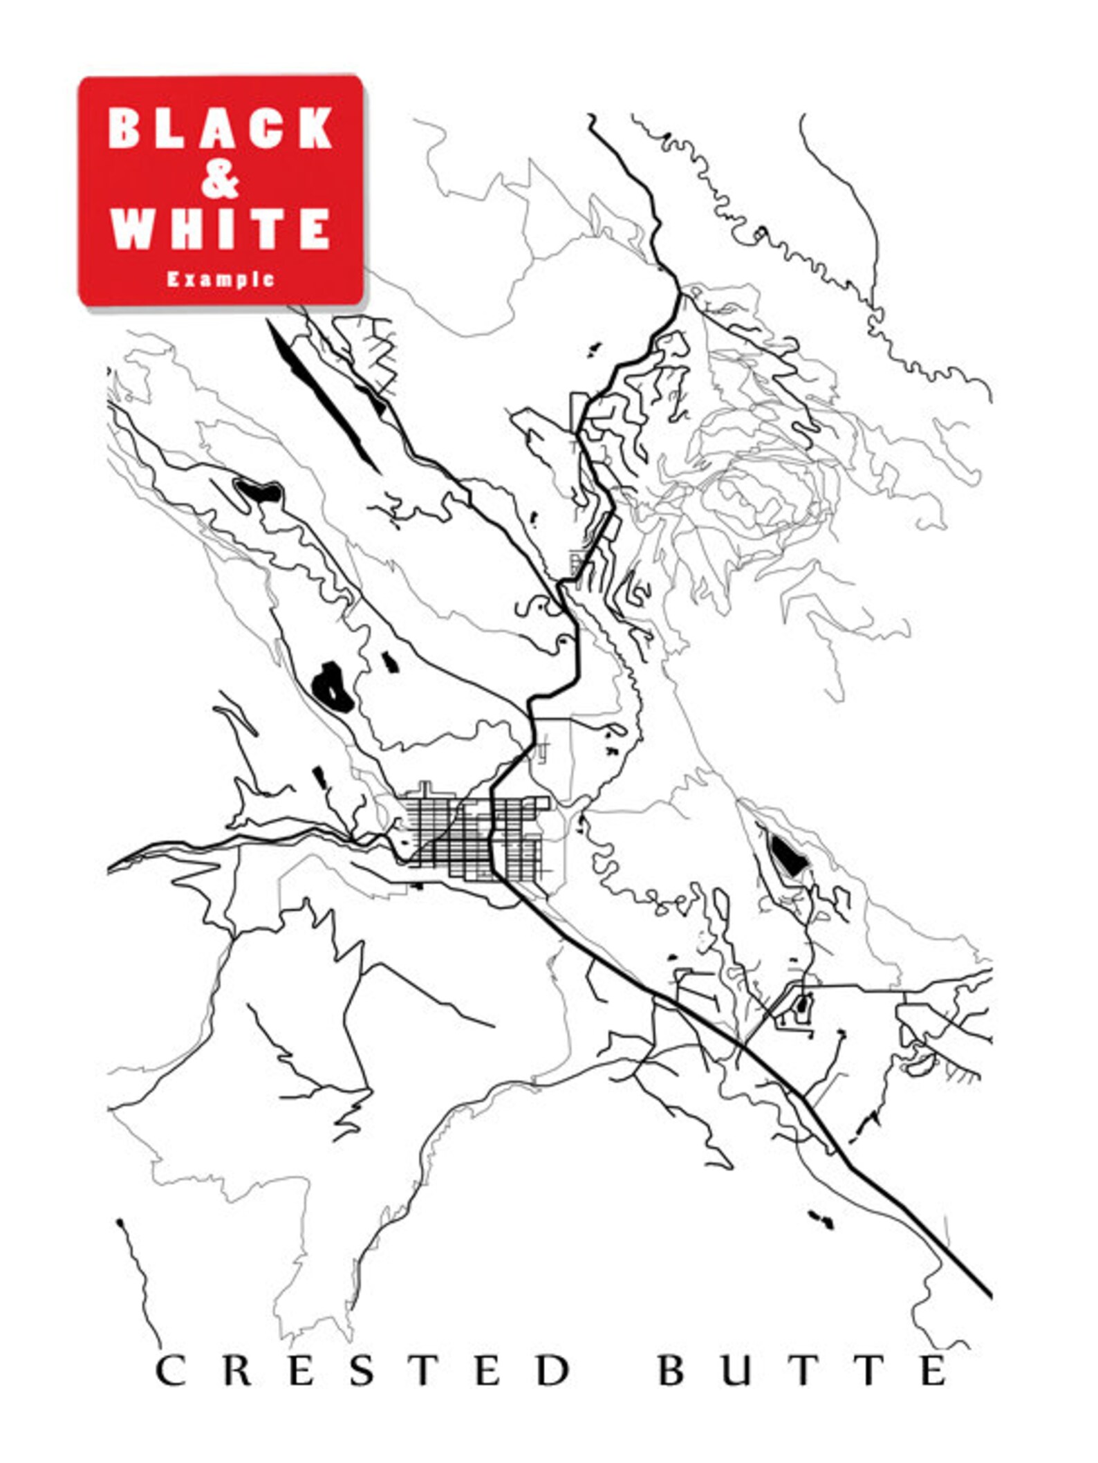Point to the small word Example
click(221, 279)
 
